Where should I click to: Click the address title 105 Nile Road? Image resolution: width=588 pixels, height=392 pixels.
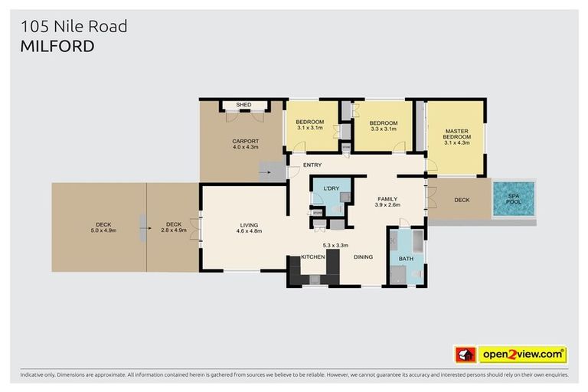73,27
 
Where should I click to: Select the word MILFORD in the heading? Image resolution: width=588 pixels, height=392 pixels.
57,46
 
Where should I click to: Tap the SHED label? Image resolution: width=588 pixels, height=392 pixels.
243,105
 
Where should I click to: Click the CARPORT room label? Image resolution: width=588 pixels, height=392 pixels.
246,141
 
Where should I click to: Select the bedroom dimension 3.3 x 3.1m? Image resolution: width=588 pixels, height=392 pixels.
383,129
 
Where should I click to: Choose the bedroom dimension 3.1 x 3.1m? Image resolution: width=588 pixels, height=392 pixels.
310,128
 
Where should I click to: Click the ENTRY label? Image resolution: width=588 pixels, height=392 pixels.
312,165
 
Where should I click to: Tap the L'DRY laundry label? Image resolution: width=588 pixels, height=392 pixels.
332,188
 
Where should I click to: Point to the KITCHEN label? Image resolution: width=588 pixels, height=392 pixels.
313,256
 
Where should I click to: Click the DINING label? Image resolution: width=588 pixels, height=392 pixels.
363,256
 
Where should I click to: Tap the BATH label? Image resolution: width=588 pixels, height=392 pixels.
406,259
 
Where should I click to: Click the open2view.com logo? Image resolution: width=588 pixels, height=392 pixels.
522,354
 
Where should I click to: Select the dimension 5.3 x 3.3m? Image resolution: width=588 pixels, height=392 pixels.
335,245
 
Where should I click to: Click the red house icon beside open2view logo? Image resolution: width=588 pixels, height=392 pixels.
465,354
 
